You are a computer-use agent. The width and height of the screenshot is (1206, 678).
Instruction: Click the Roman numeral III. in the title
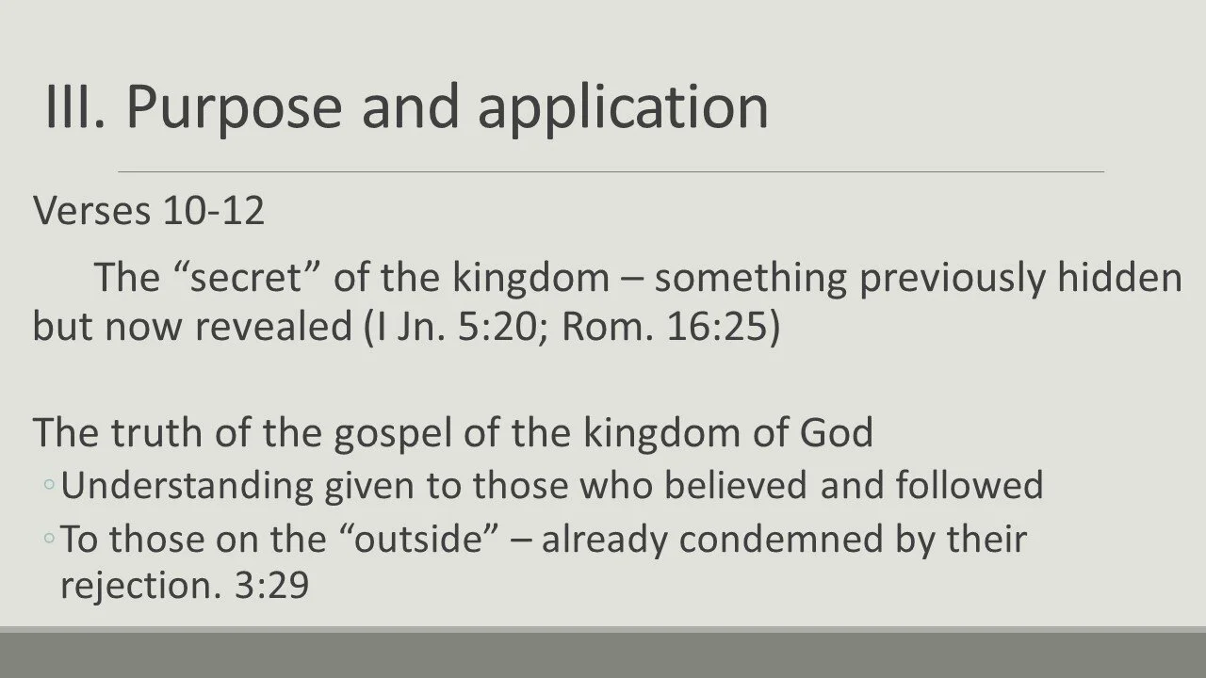coord(76,105)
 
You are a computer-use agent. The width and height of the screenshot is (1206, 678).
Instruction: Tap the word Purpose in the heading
coord(235,107)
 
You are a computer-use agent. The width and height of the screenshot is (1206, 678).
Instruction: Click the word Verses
coord(93,211)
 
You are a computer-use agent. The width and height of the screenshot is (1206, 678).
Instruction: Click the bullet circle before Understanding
coord(48,485)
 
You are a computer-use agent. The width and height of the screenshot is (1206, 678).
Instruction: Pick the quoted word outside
coord(437,540)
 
